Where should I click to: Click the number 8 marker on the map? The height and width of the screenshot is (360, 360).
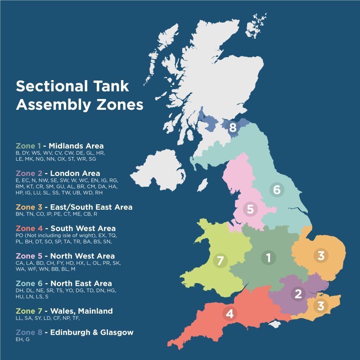click(233, 128)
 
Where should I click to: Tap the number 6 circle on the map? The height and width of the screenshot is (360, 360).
click(277, 189)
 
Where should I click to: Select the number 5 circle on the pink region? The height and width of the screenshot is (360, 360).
click(250, 209)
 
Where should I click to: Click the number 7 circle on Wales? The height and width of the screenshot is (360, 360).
click(220, 260)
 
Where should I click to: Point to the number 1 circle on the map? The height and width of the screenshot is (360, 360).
click(269, 258)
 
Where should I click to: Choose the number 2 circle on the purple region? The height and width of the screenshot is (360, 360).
click(297, 294)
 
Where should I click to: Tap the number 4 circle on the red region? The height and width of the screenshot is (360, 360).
click(229, 314)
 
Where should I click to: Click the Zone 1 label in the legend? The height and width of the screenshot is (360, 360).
click(28, 146)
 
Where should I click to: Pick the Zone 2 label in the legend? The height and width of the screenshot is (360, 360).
click(28, 173)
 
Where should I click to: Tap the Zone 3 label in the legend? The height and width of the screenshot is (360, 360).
click(28, 207)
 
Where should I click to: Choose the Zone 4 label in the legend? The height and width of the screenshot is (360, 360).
click(28, 228)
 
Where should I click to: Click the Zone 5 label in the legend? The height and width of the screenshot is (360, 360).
click(28, 256)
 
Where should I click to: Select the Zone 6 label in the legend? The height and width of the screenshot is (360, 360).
click(28, 283)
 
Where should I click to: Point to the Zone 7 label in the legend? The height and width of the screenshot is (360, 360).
click(28, 311)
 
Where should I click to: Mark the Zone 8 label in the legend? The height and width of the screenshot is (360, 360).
click(28, 332)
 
